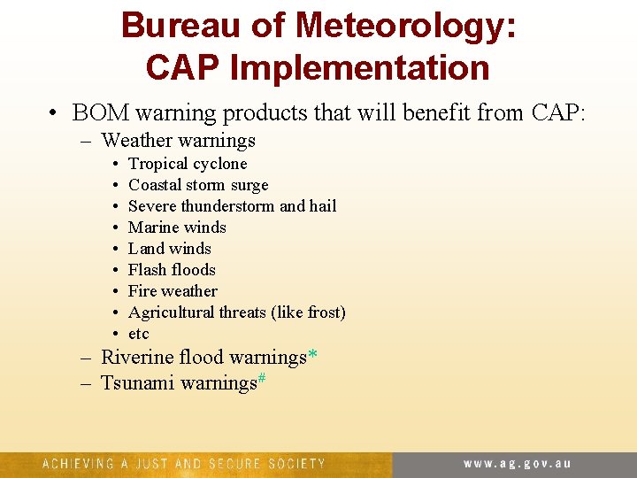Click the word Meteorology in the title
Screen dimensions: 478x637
[x=406, y=25]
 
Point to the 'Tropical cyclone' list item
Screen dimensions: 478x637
[x=188, y=164]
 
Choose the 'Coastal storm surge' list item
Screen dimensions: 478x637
[x=198, y=185]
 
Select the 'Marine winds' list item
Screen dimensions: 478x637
[x=177, y=227]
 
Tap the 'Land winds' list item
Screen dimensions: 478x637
[x=170, y=249]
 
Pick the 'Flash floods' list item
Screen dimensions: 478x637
[x=172, y=270]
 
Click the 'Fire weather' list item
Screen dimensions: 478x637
[x=173, y=291]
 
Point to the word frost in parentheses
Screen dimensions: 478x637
[x=321, y=312]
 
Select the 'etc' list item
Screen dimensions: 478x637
[x=139, y=334]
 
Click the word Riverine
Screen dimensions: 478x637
[x=137, y=358]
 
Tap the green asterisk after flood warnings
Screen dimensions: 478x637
[x=313, y=356]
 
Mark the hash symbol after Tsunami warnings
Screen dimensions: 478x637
[x=262, y=379]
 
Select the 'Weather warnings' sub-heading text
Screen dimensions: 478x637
[x=179, y=140]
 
